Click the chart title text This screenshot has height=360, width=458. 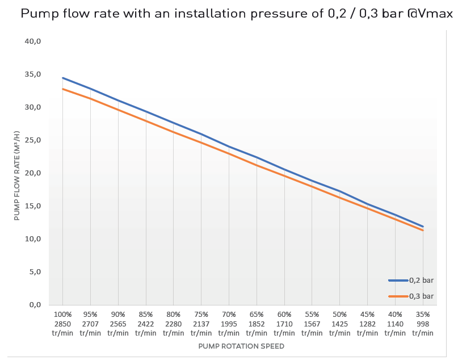(x=237, y=14)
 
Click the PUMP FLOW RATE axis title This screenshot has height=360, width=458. (x=17, y=175)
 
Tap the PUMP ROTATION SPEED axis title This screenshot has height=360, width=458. (x=241, y=346)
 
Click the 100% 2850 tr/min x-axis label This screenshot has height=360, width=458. (x=62, y=324)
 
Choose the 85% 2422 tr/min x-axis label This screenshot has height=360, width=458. (x=146, y=324)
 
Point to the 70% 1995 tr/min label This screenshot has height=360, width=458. (x=229, y=324)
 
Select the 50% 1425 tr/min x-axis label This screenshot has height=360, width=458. (x=339, y=324)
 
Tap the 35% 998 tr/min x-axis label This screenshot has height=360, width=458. (x=423, y=324)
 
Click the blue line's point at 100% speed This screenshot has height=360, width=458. (x=62, y=78)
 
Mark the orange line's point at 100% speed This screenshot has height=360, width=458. (x=62, y=89)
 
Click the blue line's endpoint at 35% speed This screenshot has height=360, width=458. (x=423, y=227)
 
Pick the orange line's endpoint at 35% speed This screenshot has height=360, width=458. (x=423, y=231)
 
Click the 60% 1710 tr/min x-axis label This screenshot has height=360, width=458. (x=284, y=324)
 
